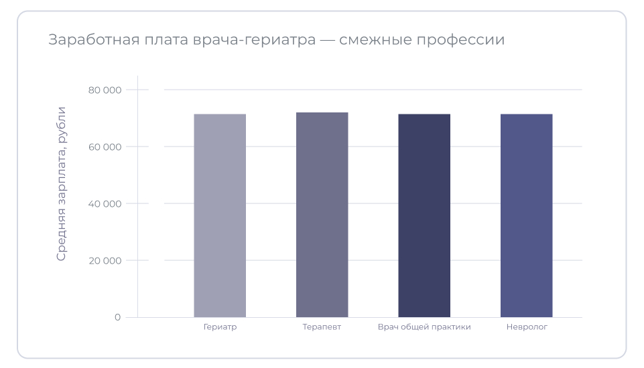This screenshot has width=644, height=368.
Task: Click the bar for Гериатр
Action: pos(220,215)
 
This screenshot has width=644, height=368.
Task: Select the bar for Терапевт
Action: pos(322,215)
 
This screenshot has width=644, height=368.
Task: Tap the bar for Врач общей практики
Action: pos(424,215)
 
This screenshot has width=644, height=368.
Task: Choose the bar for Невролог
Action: pos(526,215)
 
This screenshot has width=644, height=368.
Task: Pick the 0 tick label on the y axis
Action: pos(117,317)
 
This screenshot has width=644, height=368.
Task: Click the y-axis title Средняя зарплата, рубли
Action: pos(61,183)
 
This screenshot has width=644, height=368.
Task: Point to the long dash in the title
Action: pos(327,40)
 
